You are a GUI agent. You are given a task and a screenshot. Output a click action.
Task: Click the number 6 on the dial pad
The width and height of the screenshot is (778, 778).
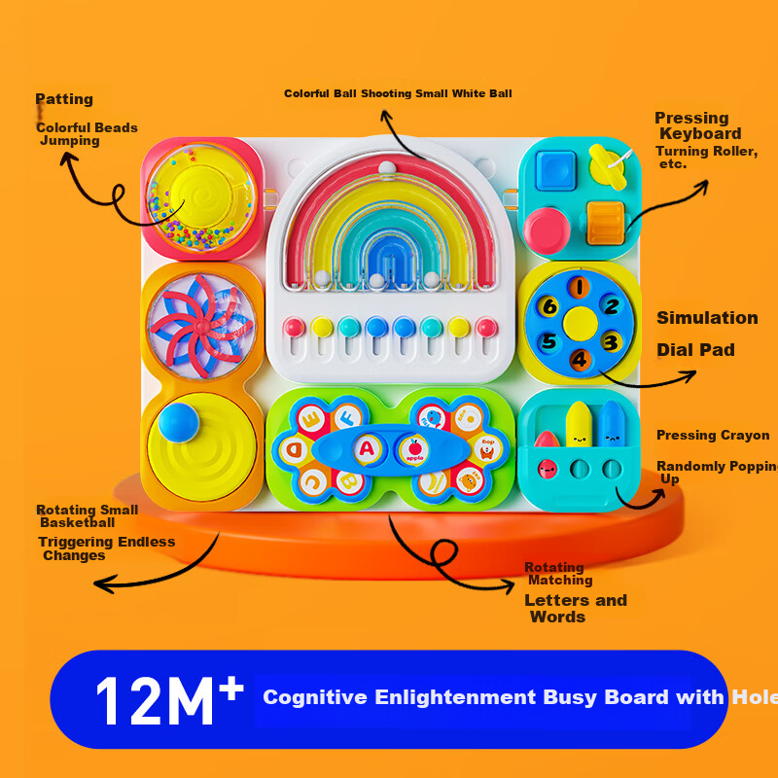pos(549,306)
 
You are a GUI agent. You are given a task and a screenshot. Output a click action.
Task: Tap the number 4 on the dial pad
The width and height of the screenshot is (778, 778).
pos(580,359)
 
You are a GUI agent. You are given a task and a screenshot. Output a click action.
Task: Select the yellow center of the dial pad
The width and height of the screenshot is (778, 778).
pos(580,324)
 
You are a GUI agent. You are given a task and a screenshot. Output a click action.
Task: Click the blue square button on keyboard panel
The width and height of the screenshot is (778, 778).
pos(555,170)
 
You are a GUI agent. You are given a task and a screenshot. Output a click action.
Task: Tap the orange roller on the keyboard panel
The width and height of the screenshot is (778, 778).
pos(605,224)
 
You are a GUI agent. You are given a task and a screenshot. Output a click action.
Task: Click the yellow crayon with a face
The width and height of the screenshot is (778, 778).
pos(579,425)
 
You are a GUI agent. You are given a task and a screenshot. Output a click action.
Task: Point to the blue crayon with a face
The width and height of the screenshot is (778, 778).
pos(612,424)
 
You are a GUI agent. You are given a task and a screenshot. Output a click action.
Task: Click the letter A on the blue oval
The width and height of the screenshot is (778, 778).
pos(367,449)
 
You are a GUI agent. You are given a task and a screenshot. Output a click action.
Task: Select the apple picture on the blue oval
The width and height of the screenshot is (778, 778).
pos(415,450)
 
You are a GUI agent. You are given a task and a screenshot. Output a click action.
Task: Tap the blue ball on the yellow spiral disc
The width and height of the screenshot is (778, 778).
pos(179,422)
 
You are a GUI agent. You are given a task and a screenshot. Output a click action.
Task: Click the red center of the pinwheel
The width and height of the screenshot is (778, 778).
pos(202,327)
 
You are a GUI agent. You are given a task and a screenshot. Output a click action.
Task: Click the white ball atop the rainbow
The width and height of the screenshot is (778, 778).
pos(387,167)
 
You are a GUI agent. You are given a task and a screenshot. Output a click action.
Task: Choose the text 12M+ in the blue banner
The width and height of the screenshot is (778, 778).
pos(169,700)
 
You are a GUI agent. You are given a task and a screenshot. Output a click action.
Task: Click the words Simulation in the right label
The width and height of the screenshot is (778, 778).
pos(707,318)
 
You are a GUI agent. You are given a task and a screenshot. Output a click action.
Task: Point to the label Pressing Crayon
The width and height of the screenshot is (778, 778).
pos(713,435)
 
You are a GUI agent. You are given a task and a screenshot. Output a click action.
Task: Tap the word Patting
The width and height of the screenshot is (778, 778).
pos(64,99)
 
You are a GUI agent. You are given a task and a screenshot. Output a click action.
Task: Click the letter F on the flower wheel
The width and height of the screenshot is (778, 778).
pos(347,418)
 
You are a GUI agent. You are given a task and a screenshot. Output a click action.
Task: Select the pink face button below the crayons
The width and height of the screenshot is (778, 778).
pos(548,468)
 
